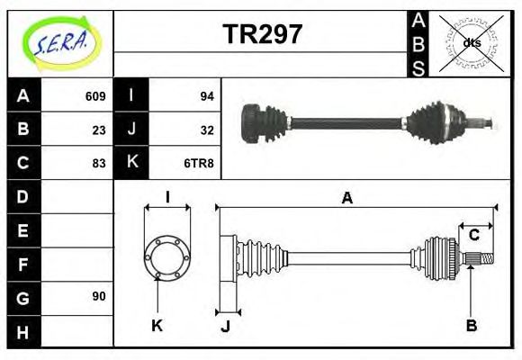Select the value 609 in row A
(x=95, y=96)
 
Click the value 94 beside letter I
(x=206, y=96)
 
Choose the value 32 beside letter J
(x=206, y=130)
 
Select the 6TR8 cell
(x=200, y=163)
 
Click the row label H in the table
(x=22, y=331)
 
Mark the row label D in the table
(x=22, y=196)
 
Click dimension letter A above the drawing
(x=346, y=199)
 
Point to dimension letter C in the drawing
(x=473, y=236)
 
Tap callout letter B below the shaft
(x=471, y=325)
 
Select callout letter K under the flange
(x=157, y=325)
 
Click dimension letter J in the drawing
(x=225, y=326)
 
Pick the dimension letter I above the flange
(x=167, y=197)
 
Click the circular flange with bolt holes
(x=167, y=256)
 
